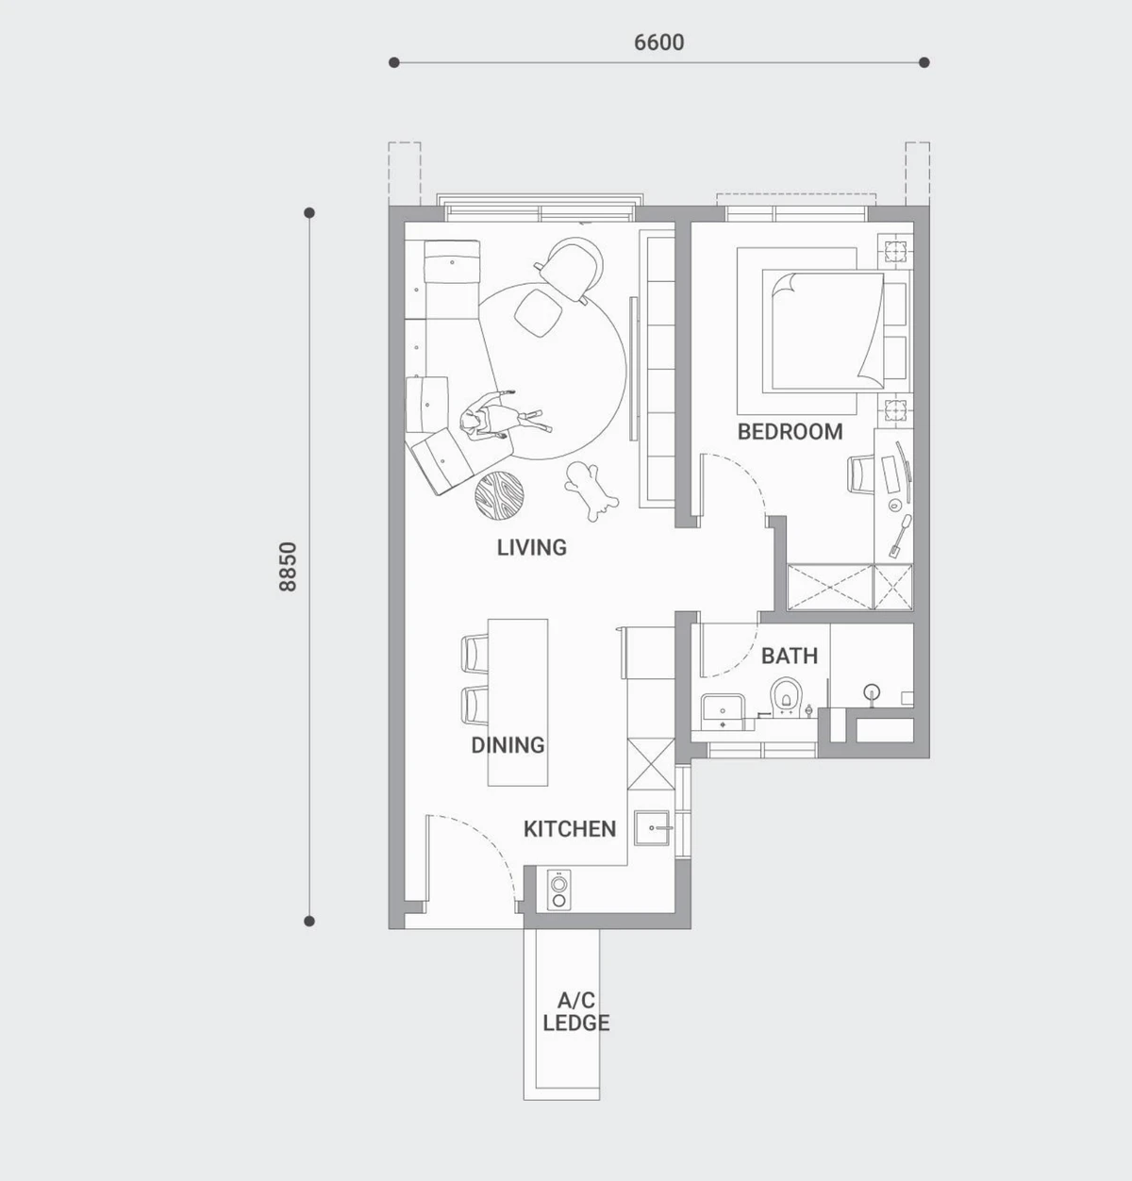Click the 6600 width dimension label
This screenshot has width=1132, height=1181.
pos(659,42)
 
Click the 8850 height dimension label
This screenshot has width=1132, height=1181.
pos(288,566)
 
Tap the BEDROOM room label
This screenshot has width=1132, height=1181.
pos(790,431)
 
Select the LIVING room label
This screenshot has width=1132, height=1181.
pos(532,547)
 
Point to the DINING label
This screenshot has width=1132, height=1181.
pos(508,744)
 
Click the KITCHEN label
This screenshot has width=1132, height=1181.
pos(570,829)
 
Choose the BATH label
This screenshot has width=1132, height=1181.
pos(789,656)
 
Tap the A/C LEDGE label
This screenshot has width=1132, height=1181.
pos(576,1011)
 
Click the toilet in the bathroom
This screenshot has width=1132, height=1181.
pos(787,697)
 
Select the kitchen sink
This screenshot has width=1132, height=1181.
pos(653,828)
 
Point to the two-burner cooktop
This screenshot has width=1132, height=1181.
pos(559,890)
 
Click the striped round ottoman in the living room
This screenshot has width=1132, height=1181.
pos(499,496)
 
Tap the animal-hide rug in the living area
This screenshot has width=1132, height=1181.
pos(591,491)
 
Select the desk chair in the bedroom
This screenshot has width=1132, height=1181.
pos(860,474)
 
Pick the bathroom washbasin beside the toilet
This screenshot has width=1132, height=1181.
pos(723,712)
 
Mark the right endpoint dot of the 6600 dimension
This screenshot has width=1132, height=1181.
pos(924,62)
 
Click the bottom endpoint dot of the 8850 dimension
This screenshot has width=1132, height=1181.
pos(309,922)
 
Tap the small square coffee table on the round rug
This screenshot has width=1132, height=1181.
pos(538,312)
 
